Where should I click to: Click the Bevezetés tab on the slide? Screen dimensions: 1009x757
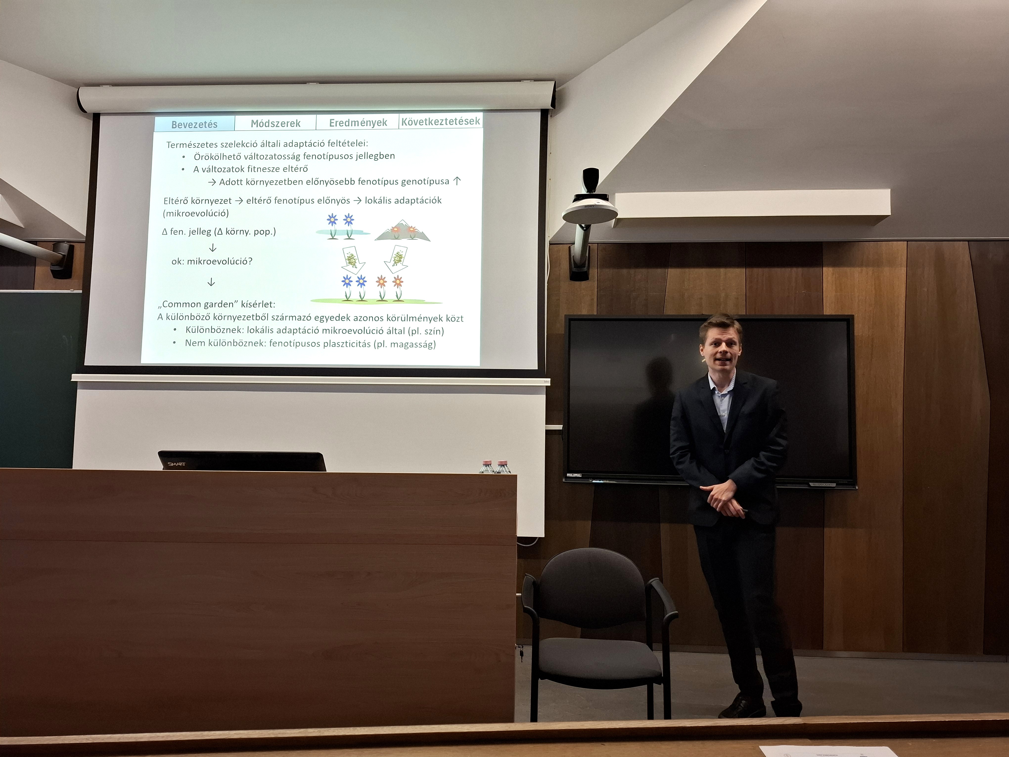click(x=194, y=124)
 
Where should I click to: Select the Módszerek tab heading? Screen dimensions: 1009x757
click(x=275, y=123)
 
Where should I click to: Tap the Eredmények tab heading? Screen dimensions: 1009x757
click(x=358, y=122)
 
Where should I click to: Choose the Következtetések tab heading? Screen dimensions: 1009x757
click(x=441, y=121)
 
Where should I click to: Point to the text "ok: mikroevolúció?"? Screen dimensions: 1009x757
click(x=212, y=261)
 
